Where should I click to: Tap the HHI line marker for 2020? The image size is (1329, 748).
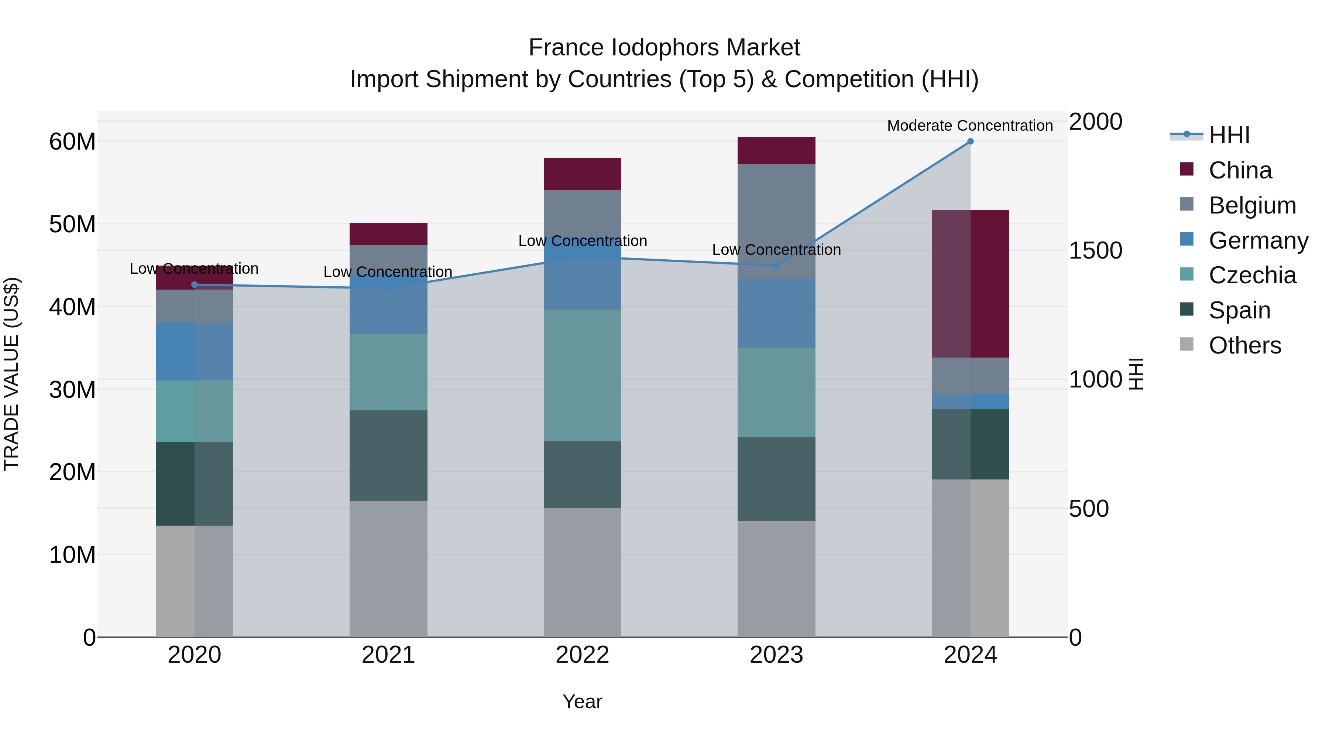click(195, 284)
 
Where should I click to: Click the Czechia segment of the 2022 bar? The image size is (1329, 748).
click(583, 375)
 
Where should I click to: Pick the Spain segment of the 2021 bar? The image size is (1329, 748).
click(388, 455)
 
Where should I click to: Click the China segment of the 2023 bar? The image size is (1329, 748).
click(776, 150)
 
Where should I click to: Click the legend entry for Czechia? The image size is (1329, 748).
click(1252, 275)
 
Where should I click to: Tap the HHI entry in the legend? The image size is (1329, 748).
click(1229, 135)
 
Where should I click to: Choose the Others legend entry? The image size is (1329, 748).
click(1244, 345)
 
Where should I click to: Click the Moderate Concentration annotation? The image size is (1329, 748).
click(969, 126)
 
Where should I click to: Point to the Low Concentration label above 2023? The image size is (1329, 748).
click(776, 250)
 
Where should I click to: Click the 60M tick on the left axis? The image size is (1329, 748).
click(72, 141)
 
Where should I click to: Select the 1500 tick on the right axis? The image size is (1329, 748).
click(1095, 250)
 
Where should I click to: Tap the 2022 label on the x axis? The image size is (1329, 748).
click(583, 655)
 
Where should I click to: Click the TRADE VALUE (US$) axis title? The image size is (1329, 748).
click(11, 374)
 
